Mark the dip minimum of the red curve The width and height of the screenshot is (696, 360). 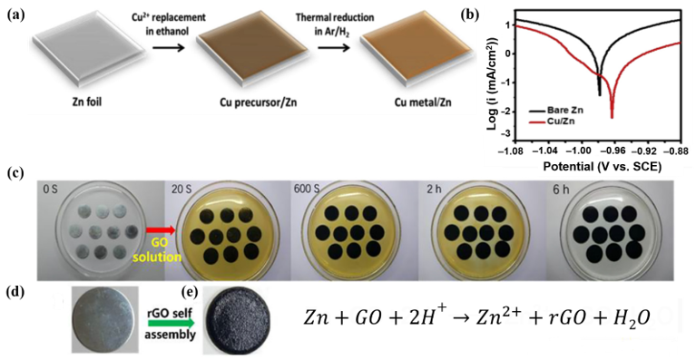pyautogui.click(x=612, y=118)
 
